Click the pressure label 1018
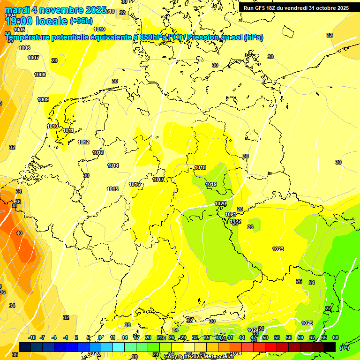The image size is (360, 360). coord(200,167)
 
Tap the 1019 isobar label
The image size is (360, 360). coord(211,184)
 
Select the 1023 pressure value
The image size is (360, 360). coord(278,249)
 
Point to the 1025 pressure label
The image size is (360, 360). coord(307,323)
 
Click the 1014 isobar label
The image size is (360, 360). coord(113,165)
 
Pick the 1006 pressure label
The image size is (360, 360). coord(24,48)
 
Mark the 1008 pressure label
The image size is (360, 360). coord(40,75)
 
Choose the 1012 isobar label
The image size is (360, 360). coord(84,142)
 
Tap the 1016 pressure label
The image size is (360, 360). coord(135,184)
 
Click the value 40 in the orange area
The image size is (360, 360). coord(19,232)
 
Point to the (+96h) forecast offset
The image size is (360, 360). coord(81,21)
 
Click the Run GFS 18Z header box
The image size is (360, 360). coord(296,8)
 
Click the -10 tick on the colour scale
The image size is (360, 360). coord(32,337)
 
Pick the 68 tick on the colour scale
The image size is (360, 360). coord(336,337)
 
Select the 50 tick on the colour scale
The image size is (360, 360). coord(265,337)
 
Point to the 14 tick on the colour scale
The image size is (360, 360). coord(125,337)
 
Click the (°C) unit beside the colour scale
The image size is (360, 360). coord(344,348)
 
